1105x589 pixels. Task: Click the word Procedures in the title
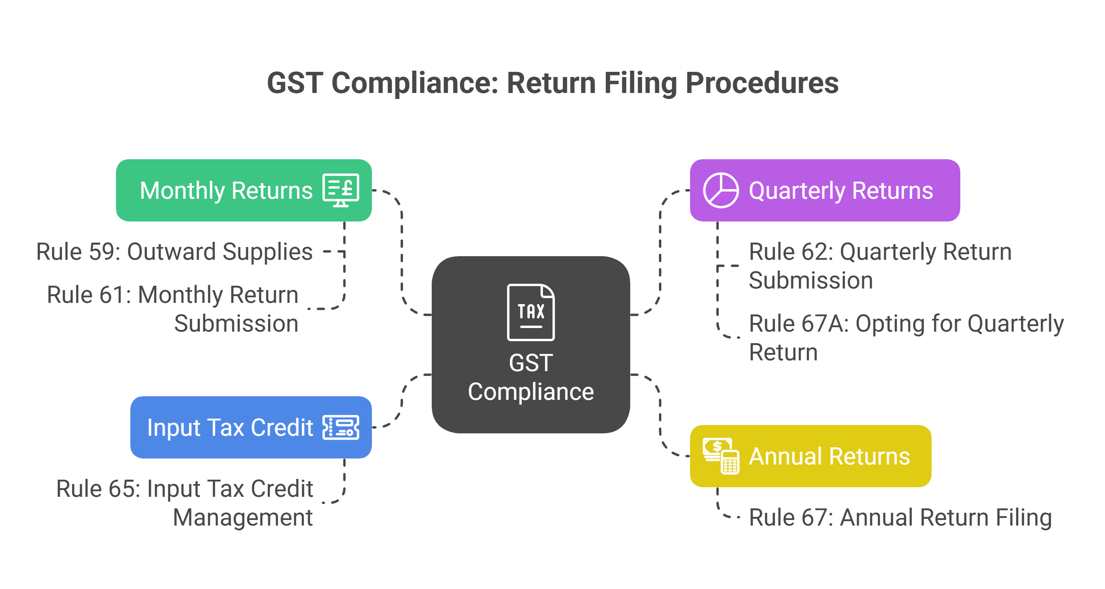tap(762, 83)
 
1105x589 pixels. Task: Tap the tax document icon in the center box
tap(531, 312)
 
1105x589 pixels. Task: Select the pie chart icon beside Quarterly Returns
tap(721, 190)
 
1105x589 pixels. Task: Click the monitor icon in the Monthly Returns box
tap(340, 190)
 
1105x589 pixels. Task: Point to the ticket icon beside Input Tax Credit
tap(340, 427)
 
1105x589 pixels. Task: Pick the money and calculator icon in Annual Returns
tap(721, 456)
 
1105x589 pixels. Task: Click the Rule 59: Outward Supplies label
tap(174, 251)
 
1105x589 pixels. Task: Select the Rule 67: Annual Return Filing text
tap(900, 517)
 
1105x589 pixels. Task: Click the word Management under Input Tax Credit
tap(242, 517)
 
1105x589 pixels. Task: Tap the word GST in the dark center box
tap(531, 363)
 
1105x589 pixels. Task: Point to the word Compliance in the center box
tap(531, 391)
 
